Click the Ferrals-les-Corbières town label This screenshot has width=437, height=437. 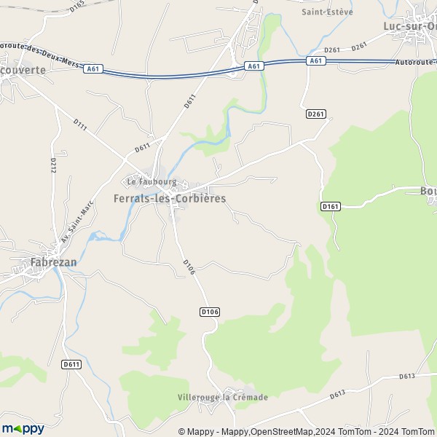pos(170,198)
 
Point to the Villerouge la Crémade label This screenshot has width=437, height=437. pos(223,397)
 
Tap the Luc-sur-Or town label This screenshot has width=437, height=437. pos(410,26)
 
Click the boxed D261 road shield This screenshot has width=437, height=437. pos(315,114)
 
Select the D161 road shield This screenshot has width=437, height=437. pos(330,207)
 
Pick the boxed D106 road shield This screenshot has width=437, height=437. pos(209,312)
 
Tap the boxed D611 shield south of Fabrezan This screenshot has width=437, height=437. pos(71,364)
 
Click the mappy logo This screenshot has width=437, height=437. pos(23,428)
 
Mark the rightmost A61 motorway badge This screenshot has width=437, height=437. pos(315,61)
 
